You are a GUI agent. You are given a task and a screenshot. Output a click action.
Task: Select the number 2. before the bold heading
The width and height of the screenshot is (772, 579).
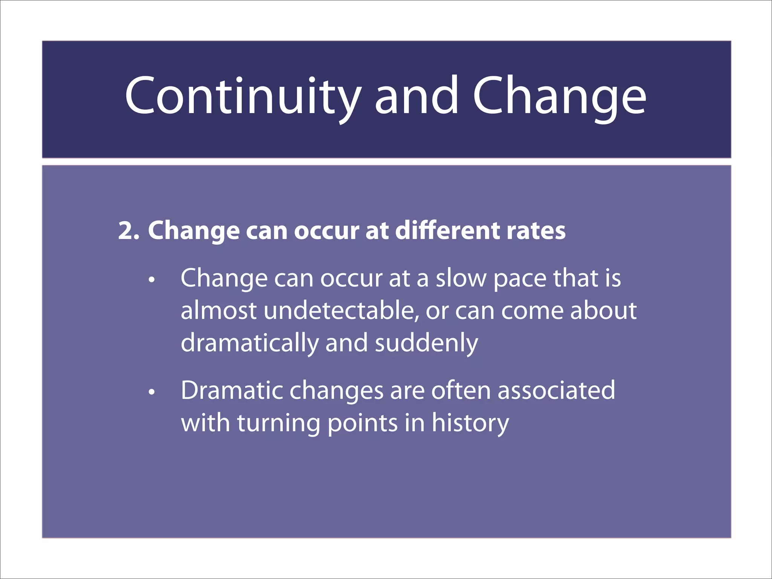pos(129,231)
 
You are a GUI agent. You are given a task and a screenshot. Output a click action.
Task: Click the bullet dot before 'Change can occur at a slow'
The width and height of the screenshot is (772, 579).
pos(152,280)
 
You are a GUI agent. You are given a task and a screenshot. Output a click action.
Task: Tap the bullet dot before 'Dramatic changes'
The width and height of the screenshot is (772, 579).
pos(152,392)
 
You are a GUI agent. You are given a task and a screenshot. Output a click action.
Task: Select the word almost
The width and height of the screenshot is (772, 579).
pos(219,311)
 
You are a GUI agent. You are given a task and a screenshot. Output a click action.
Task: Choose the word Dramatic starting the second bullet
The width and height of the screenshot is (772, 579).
pos(232,391)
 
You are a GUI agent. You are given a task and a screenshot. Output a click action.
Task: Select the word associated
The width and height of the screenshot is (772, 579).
pos(556,391)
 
